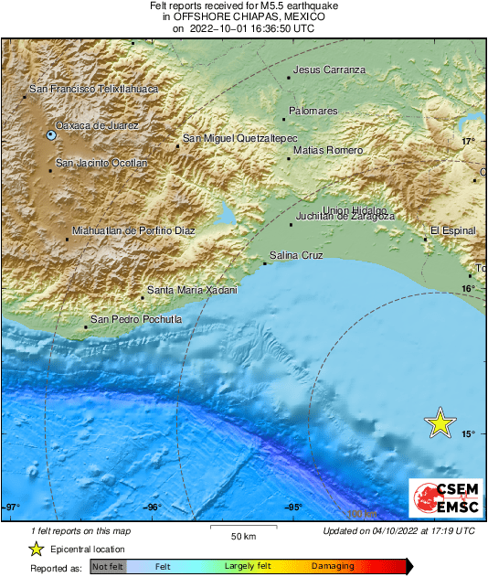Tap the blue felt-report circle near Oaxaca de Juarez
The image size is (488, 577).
[x=51, y=135]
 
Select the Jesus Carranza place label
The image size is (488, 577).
[x=329, y=69]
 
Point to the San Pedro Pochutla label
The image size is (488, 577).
[x=135, y=319]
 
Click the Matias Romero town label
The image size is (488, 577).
[x=327, y=150]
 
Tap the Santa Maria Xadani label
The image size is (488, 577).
[x=192, y=290]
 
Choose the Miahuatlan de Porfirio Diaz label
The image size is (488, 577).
[x=133, y=231]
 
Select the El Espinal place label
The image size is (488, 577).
[x=454, y=230]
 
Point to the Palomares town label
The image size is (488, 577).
[x=313, y=111]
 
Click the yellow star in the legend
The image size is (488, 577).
[x=37, y=549]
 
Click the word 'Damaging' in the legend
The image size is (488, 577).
[x=333, y=567]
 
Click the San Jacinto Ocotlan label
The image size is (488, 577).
[x=101, y=163]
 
